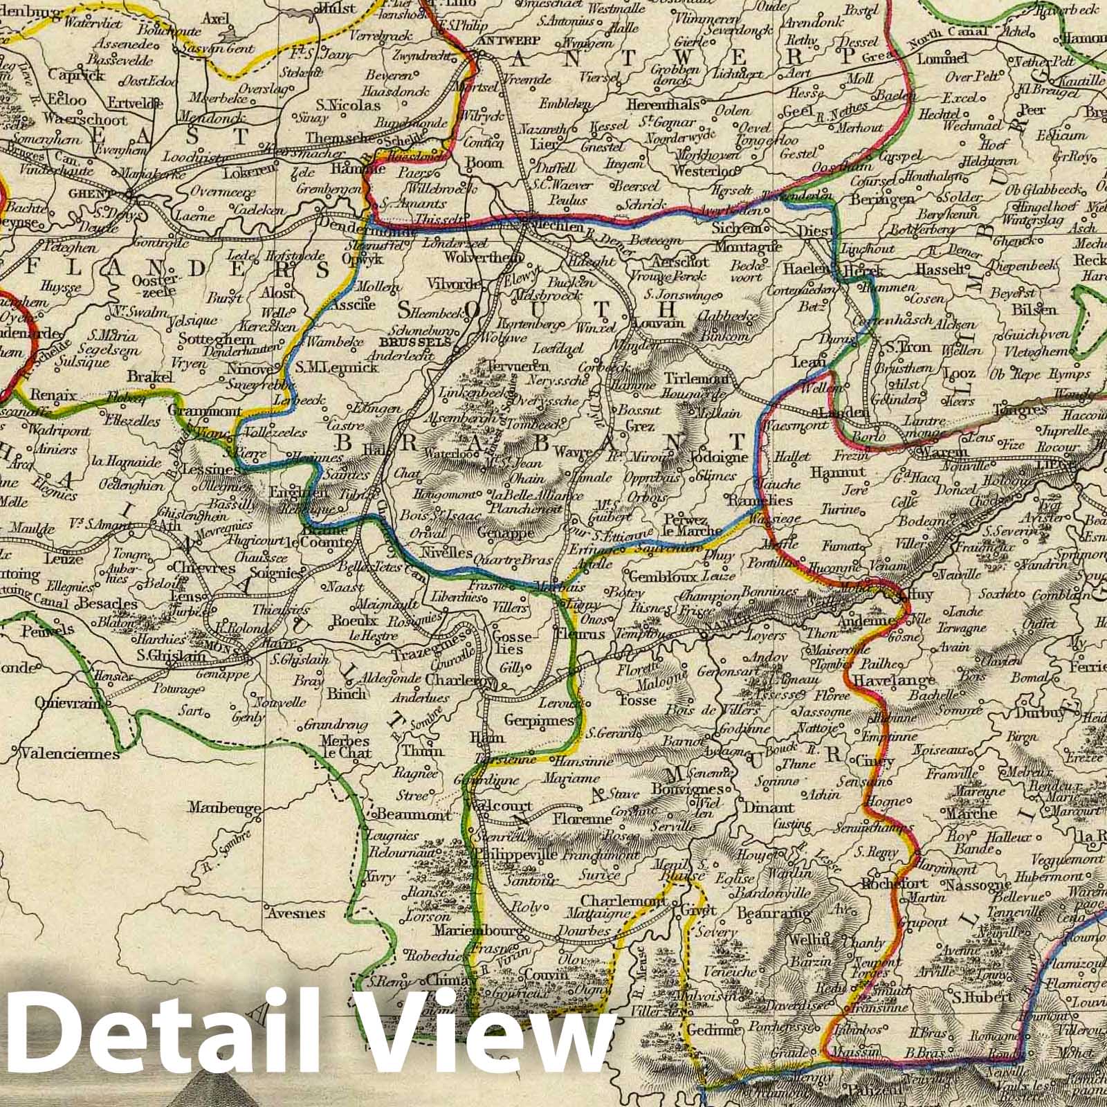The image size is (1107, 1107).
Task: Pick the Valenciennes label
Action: (70, 753)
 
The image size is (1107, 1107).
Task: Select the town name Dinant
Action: (768, 807)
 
